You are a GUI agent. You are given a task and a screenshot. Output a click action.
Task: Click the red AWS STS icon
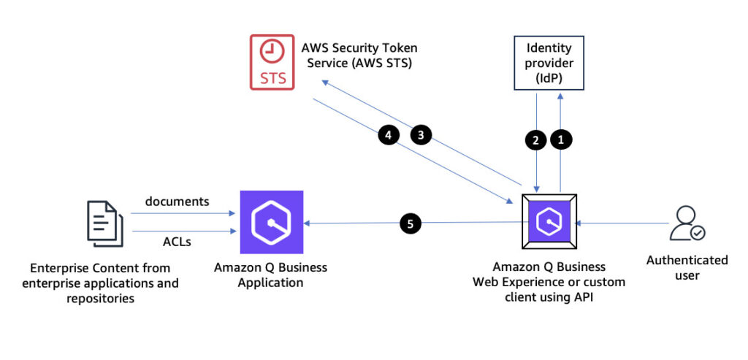pyautogui.click(x=272, y=62)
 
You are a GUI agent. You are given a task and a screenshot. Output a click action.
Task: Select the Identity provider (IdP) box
pyautogui.click(x=549, y=63)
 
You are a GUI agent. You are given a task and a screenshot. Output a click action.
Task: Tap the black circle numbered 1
pyautogui.click(x=561, y=139)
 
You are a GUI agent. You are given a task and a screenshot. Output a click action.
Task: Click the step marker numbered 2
pyautogui.click(x=535, y=140)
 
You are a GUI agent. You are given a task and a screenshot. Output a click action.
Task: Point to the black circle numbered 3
pyautogui.click(x=421, y=135)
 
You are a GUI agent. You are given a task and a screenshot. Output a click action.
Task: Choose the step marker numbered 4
pyautogui.click(x=389, y=135)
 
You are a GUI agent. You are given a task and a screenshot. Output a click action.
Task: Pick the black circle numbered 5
pyautogui.click(x=411, y=223)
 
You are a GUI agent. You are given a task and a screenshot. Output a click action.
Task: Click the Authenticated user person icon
pyautogui.click(x=687, y=223)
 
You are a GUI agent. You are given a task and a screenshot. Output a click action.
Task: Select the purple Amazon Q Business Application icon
pyautogui.click(x=272, y=222)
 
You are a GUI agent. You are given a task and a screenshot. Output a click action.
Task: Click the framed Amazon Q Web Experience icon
pyautogui.click(x=549, y=222)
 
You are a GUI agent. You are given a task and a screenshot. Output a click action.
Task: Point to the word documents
pyautogui.click(x=177, y=202)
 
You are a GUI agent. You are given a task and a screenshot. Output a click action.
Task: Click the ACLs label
pyautogui.click(x=177, y=242)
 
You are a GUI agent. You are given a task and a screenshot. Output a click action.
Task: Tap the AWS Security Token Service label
pyautogui.click(x=359, y=55)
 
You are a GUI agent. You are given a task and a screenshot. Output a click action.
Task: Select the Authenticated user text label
pyautogui.click(x=687, y=267)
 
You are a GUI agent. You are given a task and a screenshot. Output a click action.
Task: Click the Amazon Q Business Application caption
pyautogui.click(x=270, y=275)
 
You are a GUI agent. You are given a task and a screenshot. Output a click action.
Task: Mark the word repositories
pyautogui.click(x=100, y=299)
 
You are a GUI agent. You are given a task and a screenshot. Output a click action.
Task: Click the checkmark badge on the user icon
pyautogui.click(x=698, y=233)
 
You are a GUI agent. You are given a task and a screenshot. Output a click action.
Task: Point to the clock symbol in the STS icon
pyautogui.click(x=272, y=51)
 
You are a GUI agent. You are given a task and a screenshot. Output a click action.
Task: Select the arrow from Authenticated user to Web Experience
pyautogui.click(x=623, y=223)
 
